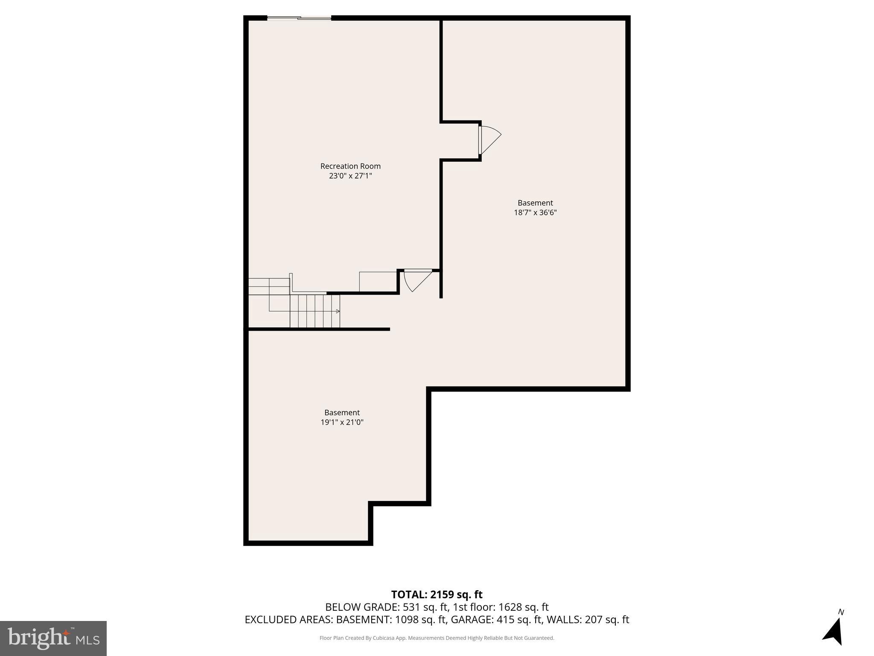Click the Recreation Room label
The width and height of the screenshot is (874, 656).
tap(350, 166)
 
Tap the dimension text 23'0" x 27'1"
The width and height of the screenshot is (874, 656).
tap(350, 176)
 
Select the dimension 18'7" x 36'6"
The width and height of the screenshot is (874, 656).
tap(535, 213)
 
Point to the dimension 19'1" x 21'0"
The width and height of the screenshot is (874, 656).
tap(342, 422)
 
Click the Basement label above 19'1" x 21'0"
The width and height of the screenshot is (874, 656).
tap(342, 413)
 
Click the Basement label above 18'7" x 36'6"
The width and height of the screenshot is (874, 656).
tap(535, 203)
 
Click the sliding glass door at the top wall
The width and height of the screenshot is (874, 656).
tap(299, 18)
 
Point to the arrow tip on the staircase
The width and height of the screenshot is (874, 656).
tap(338, 311)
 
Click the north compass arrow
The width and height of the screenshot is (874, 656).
tap(833, 632)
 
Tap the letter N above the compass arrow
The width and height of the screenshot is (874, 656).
tap(841, 612)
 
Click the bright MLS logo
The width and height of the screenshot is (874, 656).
tap(53, 638)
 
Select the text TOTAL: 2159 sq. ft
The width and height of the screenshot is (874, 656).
tap(437, 594)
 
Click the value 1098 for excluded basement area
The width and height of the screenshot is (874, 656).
tap(407, 619)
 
